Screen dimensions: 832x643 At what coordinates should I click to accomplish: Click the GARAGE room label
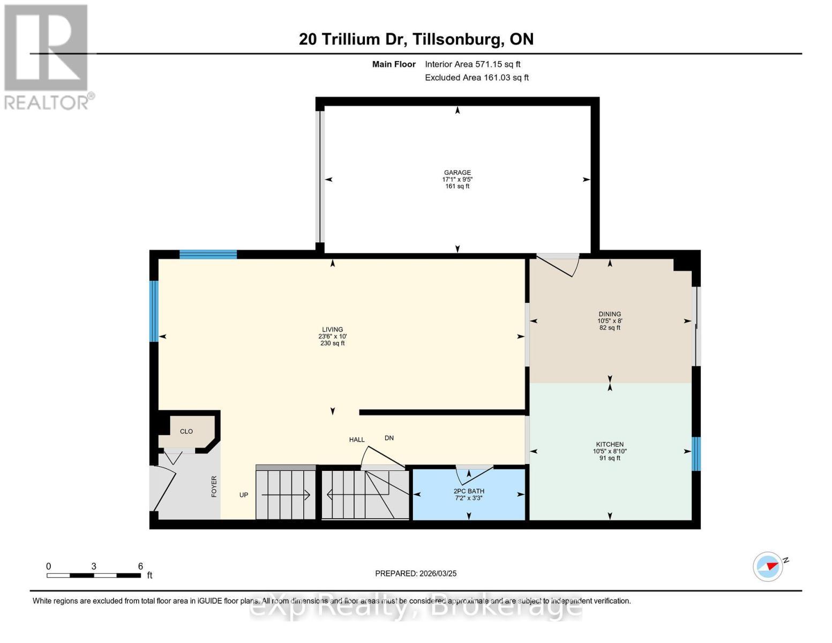(457, 173)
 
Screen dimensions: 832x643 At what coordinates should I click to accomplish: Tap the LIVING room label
(332, 330)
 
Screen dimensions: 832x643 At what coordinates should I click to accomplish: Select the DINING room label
(610, 314)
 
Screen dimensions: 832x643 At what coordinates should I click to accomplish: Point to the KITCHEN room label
(610, 444)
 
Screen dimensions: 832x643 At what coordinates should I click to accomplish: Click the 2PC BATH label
(469, 491)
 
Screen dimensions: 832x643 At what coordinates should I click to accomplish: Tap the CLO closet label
(186, 431)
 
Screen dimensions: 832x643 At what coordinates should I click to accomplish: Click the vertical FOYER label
(214, 487)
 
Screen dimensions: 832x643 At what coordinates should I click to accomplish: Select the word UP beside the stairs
(244, 495)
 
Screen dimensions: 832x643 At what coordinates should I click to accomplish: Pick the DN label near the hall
(389, 438)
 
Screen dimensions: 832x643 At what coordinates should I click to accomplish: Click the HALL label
(357, 439)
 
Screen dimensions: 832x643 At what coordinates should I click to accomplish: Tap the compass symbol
(768, 566)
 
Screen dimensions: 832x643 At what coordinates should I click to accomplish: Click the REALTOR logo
(47, 57)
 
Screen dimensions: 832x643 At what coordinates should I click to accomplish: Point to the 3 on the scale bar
(94, 566)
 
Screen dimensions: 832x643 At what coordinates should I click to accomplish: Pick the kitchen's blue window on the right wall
(696, 454)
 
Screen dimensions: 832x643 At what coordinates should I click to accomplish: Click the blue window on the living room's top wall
(208, 255)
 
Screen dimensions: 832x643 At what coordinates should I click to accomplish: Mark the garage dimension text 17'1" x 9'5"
(457, 179)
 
